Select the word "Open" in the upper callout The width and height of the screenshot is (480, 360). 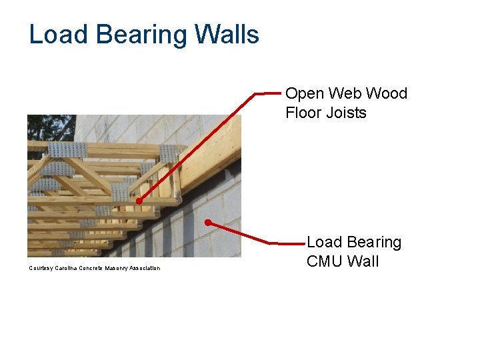tap(305, 93)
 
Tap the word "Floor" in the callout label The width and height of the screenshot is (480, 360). tap(303, 113)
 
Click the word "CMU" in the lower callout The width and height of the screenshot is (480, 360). tap(324, 261)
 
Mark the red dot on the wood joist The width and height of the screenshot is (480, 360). tap(139, 201)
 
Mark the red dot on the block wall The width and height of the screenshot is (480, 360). tap(208, 221)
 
